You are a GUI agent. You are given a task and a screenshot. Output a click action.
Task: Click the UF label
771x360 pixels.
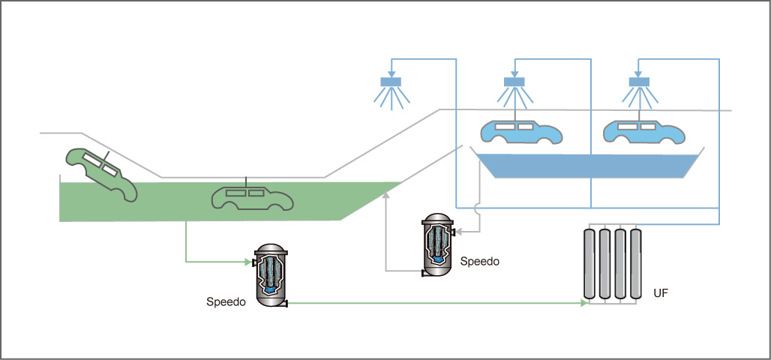[661, 293]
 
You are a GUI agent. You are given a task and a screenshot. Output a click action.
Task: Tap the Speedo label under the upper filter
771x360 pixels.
[479, 262]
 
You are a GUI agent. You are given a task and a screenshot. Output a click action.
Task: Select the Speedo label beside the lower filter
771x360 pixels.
[226, 302]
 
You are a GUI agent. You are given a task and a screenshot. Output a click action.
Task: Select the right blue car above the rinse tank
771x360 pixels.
[644, 131]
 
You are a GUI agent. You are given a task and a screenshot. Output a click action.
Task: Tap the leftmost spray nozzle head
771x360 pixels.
[391, 82]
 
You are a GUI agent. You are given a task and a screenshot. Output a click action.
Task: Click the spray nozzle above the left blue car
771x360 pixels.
[514, 82]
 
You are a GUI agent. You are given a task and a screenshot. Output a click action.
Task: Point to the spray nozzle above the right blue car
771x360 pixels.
[639, 82]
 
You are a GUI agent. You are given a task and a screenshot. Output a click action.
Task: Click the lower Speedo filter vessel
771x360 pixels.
[270, 275]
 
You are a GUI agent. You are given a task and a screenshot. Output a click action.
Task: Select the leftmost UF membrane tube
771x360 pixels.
[589, 263]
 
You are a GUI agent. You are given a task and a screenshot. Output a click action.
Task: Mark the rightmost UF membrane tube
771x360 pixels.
[636, 263]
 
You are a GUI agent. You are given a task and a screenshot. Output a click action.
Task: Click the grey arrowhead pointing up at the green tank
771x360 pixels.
[385, 193]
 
